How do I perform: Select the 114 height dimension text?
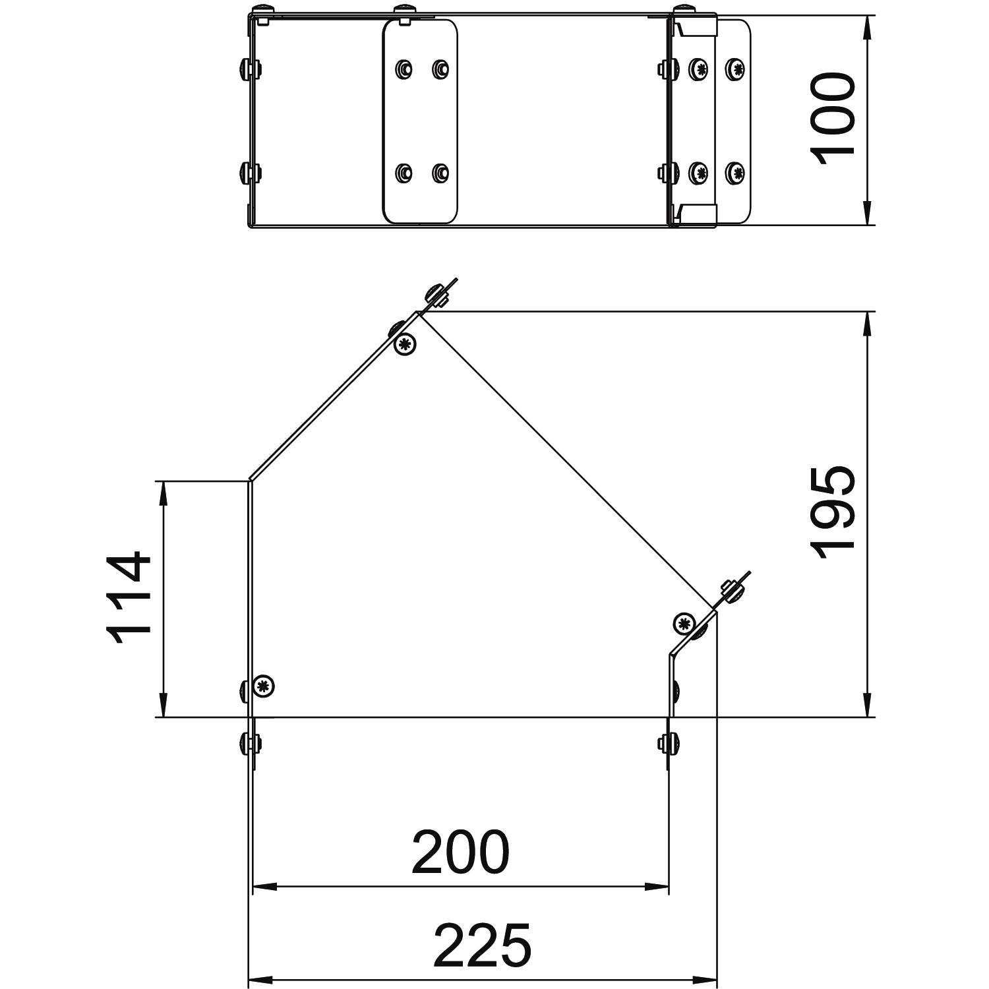click(x=129, y=599)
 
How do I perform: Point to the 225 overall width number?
click(x=482, y=945)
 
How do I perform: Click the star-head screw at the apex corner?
click(x=405, y=344)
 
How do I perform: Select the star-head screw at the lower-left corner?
click(x=264, y=686)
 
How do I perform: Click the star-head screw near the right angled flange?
click(x=684, y=622)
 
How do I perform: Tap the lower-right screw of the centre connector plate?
click(x=440, y=173)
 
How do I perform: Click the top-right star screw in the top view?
click(x=735, y=68)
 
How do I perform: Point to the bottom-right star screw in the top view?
click(x=735, y=173)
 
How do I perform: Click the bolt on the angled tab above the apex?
click(x=437, y=295)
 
